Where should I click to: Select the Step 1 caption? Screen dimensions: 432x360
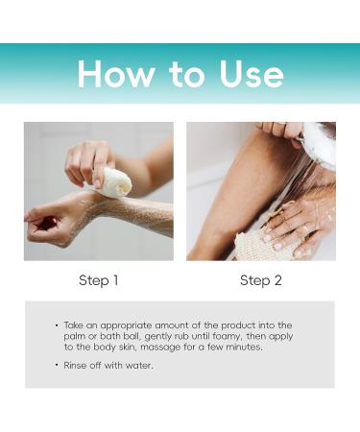coord(98,280)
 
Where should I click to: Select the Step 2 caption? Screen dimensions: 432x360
coord(260,280)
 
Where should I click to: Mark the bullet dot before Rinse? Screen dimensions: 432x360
coord(58,365)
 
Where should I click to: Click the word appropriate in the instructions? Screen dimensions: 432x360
coord(122,326)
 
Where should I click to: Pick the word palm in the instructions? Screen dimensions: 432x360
coord(80,337)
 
